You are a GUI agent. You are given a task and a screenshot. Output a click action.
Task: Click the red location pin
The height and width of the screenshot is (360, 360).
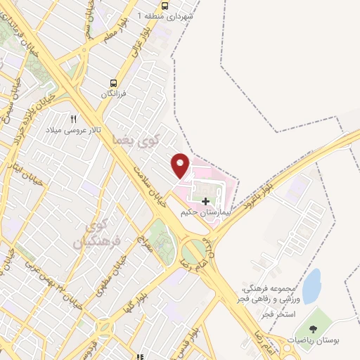[181, 165]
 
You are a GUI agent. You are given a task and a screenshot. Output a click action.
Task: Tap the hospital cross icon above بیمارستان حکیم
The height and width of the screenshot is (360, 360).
[205, 202]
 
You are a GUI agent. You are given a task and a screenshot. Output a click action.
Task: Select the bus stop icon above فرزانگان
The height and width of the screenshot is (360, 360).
[115, 82]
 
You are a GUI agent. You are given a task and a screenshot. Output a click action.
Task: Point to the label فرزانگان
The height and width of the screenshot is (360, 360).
[115, 94]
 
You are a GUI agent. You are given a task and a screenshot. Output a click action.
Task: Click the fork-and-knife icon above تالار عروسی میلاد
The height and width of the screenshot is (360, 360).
[72, 119]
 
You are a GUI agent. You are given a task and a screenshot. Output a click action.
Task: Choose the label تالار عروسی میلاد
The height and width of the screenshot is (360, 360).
[74, 130]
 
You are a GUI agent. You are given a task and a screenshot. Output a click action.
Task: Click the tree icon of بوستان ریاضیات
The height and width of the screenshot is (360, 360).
[313, 328]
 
